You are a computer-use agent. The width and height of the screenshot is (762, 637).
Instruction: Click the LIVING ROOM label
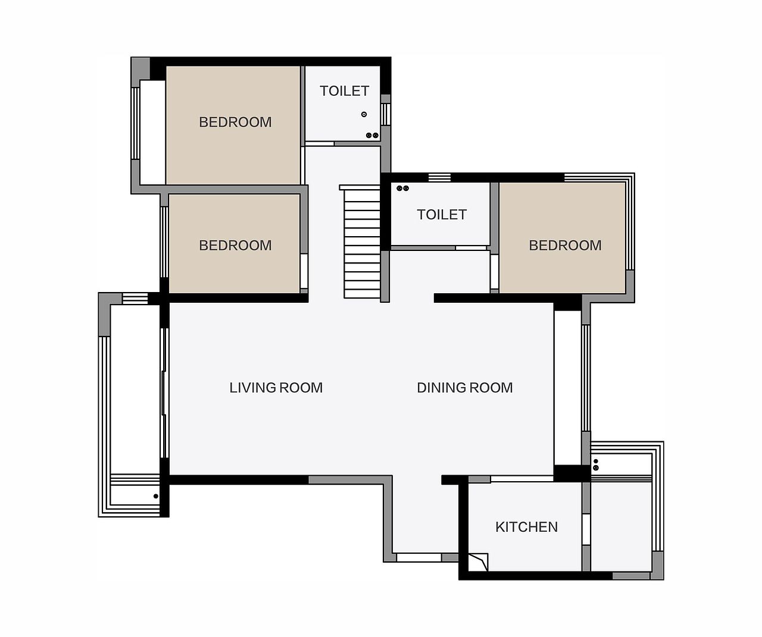coord(276,388)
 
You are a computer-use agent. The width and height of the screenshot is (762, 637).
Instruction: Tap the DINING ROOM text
coord(464,388)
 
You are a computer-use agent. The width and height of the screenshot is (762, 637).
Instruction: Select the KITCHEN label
coord(526,527)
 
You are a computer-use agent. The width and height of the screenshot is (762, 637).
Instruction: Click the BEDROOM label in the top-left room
coord(235,122)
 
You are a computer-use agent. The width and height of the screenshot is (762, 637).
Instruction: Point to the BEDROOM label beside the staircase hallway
coord(235,246)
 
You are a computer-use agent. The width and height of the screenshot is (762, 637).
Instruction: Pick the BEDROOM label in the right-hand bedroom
coord(565,246)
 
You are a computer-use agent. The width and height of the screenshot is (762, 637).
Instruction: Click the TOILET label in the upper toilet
coord(344,91)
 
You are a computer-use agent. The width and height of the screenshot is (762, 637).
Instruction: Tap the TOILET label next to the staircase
coord(442,215)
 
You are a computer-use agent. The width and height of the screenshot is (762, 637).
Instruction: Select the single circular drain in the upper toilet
coord(364,114)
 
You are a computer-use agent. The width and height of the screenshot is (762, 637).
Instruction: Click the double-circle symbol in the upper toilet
coord(372,136)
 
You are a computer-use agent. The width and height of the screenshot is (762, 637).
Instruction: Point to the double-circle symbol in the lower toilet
coord(403,189)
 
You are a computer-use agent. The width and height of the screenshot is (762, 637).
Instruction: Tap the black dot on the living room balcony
coord(156,496)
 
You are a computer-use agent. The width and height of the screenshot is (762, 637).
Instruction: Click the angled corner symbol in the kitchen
coord(478,562)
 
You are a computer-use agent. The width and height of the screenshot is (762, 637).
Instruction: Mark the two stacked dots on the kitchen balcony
coord(595,465)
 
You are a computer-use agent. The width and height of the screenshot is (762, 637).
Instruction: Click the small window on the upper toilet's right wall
coord(385,114)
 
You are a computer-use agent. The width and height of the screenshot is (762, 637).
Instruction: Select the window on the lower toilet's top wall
coord(439,178)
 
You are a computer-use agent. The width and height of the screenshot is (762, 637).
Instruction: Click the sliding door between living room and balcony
coord(164,393)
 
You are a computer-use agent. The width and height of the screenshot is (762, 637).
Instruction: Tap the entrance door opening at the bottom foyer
coord(419,557)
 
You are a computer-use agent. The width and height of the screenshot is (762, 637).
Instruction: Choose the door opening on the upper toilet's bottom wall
coord(320,144)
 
